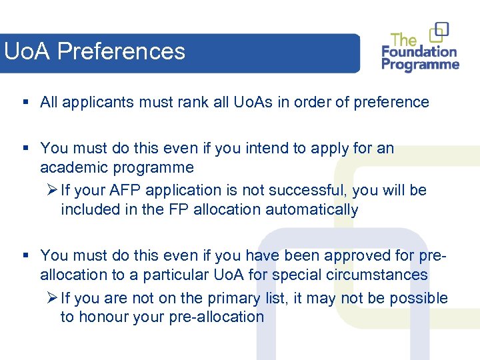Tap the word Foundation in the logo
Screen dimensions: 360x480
pos(419,51)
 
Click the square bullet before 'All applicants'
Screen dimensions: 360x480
pos(25,102)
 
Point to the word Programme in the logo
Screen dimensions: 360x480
pos(421,65)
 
